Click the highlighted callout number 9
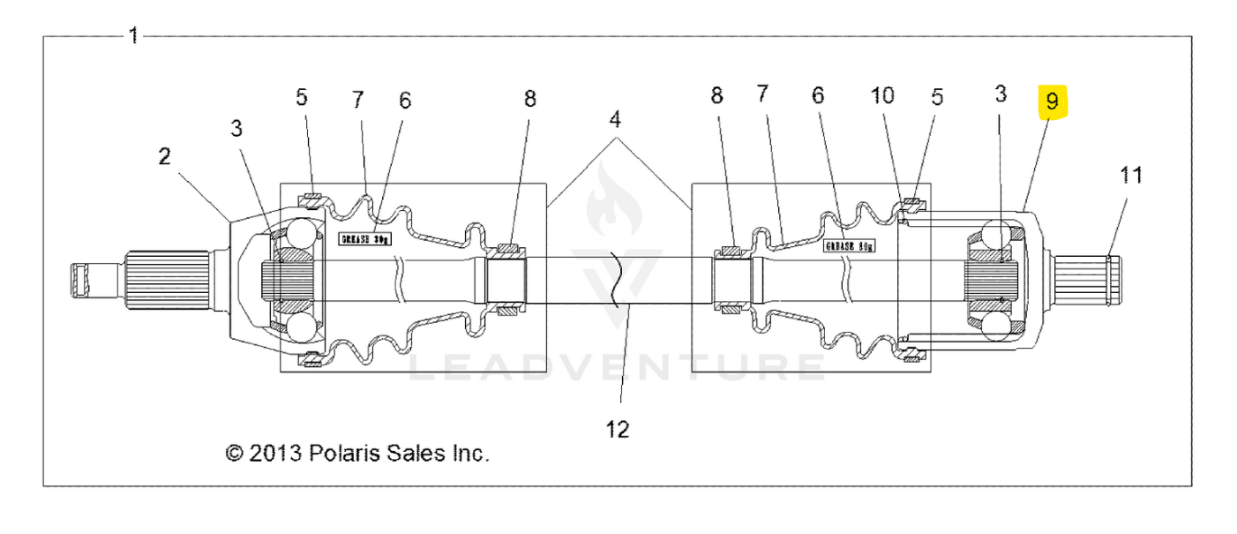pyautogui.click(x=1052, y=102)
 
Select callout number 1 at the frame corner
pyautogui.click(x=133, y=36)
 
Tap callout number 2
pyautogui.click(x=165, y=157)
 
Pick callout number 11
pyautogui.click(x=1131, y=175)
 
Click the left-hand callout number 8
pyautogui.click(x=529, y=99)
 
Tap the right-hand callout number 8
pyautogui.click(x=716, y=94)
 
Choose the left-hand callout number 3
pyautogui.click(x=236, y=129)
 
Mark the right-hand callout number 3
pyautogui.click(x=1000, y=94)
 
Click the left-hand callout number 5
pyautogui.click(x=302, y=97)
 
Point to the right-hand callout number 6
pyautogui.click(x=818, y=94)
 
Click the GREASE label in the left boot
pyautogui.click(x=365, y=237)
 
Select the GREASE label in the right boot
pyautogui.click(x=849, y=246)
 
